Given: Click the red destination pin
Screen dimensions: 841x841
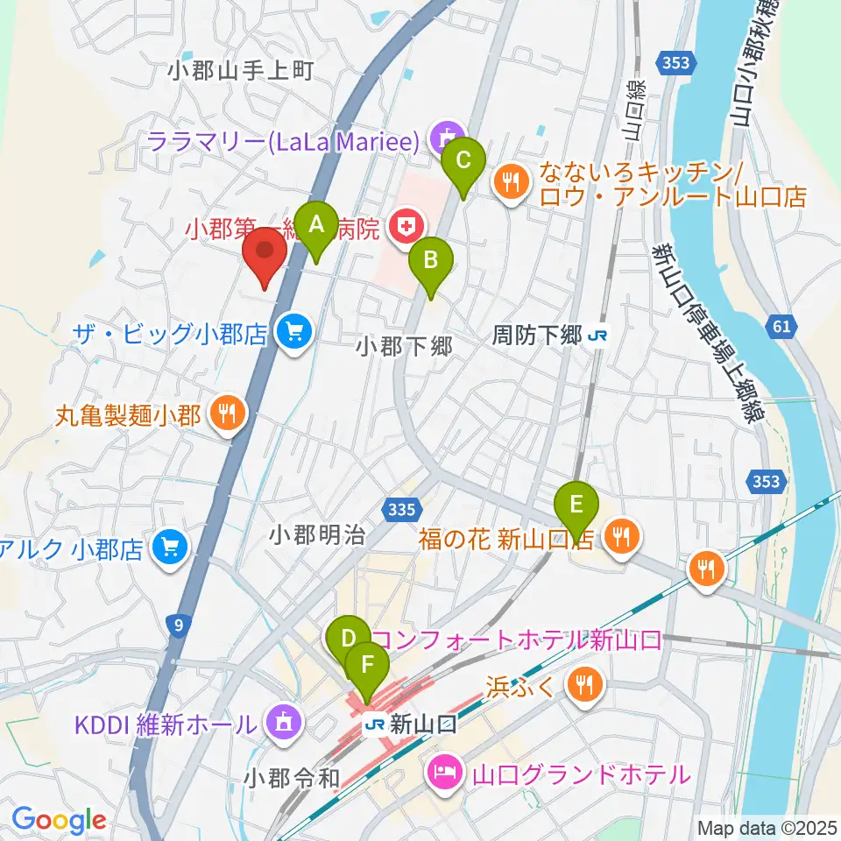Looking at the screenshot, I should coord(264,254).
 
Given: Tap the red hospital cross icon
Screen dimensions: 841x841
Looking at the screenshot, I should coord(405,229).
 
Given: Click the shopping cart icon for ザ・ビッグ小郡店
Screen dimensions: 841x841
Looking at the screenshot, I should coord(292,331).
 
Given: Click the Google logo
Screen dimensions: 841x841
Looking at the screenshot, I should coord(58,820).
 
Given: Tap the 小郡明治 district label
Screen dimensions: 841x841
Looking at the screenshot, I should coord(317,535).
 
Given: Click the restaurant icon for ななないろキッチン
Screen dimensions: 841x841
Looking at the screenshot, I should coord(511,182).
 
